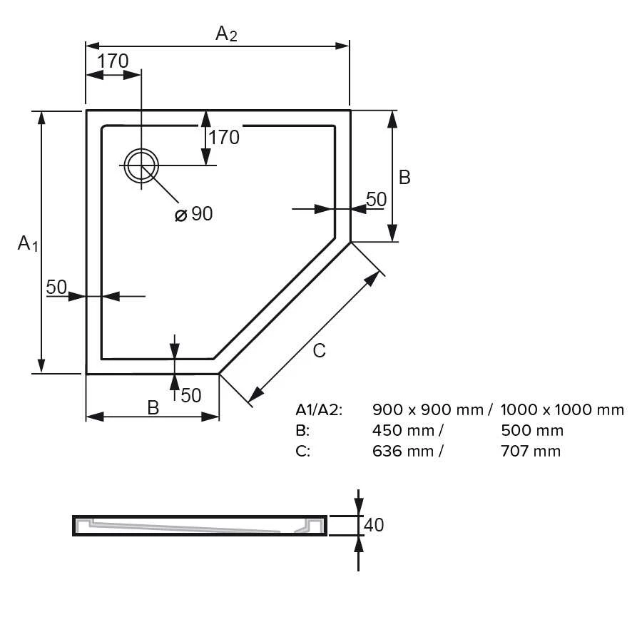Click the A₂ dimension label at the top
pos(226,34)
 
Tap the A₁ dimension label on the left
pos(28,243)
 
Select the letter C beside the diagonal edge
pos(319,350)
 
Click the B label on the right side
pos(404,177)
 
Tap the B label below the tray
pos(153,407)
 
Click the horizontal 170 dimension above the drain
pos(113,61)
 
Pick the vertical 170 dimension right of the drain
pos(225,137)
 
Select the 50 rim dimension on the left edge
pos(56,287)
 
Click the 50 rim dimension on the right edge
pos(376,200)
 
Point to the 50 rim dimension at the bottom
pos(191,394)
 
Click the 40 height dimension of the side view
pos(374,525)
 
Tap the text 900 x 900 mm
pos(427,409)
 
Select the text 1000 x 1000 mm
pos(562,409)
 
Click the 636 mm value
pos(404,451)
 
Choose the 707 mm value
pos(531,451)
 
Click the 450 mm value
pos(404,430)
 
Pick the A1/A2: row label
pos(319,409)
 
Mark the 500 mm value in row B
pos(532,430)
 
